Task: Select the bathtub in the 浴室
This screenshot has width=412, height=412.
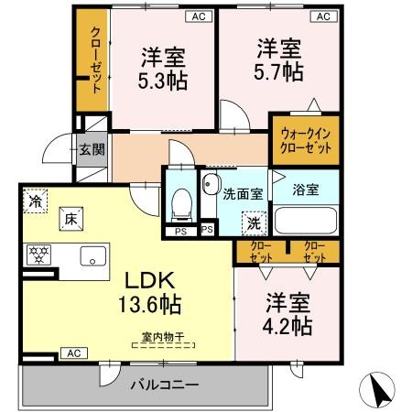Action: pyautogui.click(x=306, y=221)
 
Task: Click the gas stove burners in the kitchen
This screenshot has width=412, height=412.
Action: pyautogui.click(x=38, y=255)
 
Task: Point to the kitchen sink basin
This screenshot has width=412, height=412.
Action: pyautogui.click(x=93, y=256)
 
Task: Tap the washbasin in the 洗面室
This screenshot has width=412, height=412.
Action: pyautogui.click(x=211, y=184)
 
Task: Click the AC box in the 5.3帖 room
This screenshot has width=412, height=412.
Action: pyautogui.click(x=199, y=16)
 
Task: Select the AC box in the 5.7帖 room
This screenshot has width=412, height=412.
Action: pyautogui.click(x=323, y=16)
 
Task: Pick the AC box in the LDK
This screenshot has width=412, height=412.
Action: pyautogui.click(x=74, y=353)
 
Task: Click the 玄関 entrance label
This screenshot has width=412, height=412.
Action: pyautogui.click(x=92, y=149)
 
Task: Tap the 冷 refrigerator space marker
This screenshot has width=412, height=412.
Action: pyautogui.click(x=36, y=201)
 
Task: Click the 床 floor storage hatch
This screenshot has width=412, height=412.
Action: pyautogui.click(x=71, y=219)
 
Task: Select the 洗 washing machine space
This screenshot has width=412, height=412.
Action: pyautogui.click(x=254, y=223)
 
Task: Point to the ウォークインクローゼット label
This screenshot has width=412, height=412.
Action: pyautogui.click(x=306, y=141)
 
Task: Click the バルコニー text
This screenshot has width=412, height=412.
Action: pyautogui.click(x=165, y=385)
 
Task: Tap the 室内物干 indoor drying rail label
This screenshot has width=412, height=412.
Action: pyautogui.click(x=163, y=337)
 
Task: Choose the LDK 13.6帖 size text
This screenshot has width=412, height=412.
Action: pyautogui.click(x=149, y=292)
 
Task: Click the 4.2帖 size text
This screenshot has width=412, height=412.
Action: pyautogui.click(x=287, y=326)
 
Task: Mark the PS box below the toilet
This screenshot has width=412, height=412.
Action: pyautogui.click(x=180, y=232)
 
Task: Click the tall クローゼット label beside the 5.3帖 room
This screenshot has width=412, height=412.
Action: pyautogui.click(x=96, y=60)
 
